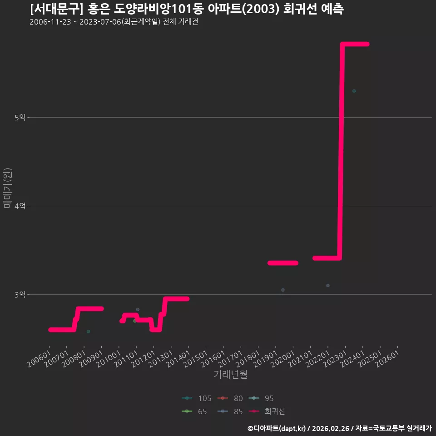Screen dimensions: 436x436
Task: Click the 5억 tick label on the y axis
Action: click(x=20, y=117)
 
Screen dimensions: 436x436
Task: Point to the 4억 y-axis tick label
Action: click(x=20, y=206)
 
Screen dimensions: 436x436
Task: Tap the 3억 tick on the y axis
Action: click(x=20, y=294)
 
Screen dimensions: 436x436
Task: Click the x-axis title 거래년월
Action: click(x=231, y=374)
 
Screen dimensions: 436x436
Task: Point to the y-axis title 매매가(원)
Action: click(x=8, y=188)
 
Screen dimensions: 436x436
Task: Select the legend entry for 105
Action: click(x=197, y=398)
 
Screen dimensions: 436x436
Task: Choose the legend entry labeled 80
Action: click(x=230, y=398)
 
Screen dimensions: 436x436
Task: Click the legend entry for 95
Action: click(x=261, y=398)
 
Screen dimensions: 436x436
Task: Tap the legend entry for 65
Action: click(x=194, y=411)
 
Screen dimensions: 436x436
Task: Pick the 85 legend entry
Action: click(x=230, y=411)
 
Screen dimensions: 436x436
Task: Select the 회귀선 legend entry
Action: click(x=267, y=411)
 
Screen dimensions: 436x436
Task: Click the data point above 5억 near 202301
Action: click(x=354, y=91)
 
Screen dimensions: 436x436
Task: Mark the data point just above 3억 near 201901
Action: click(x=283, y=290)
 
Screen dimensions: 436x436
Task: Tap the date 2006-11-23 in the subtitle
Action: click(x=50, y=22)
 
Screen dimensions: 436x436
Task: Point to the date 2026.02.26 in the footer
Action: click(x=330, y=428)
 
